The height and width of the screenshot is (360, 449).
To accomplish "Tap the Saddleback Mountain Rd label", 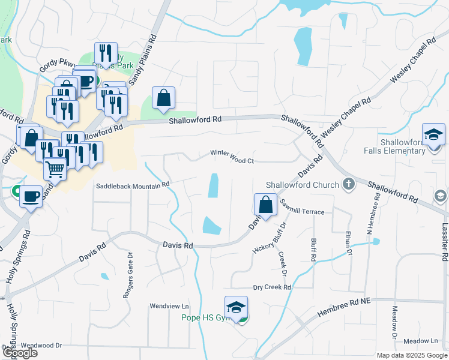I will (134, 186).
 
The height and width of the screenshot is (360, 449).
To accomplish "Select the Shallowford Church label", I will (303, 185).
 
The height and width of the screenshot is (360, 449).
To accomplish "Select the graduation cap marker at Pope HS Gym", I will (237, 307).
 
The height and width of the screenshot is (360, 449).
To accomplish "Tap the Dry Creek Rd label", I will (272, 287).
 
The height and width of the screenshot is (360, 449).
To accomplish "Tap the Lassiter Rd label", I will (444, 239).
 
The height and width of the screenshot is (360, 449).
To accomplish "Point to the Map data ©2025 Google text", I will (411, 355).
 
